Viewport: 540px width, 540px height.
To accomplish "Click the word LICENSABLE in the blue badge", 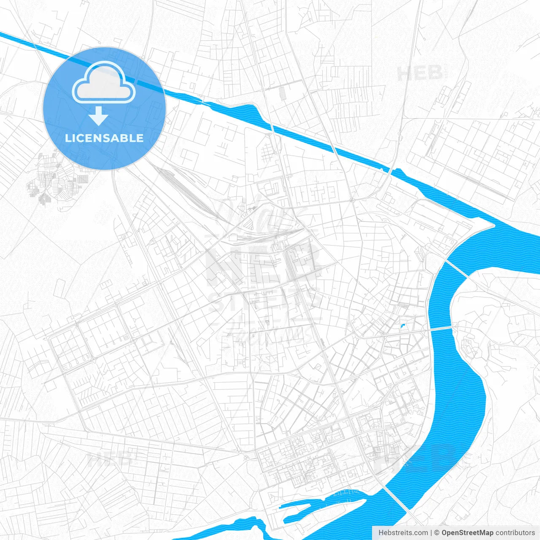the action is [x=104, y=138].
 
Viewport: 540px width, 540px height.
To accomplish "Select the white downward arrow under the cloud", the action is [x=99, y=116].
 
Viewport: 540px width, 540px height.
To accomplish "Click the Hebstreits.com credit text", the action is [x=403, y=533].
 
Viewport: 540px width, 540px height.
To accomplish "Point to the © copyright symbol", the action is [x=437, y=533].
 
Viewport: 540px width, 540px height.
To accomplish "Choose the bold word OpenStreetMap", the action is [x=467, y=533].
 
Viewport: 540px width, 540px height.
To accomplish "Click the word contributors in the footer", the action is [x=515, y=533].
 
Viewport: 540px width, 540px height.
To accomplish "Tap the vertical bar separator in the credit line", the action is [x=431, y=533].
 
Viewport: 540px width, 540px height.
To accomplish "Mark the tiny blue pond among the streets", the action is [x=402, y=326].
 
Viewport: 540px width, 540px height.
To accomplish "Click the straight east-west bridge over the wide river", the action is [x=441, y=328].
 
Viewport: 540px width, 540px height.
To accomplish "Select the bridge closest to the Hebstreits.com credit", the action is [x=397, y=498].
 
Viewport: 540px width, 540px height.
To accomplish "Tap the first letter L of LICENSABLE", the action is [x=67, y=138].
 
